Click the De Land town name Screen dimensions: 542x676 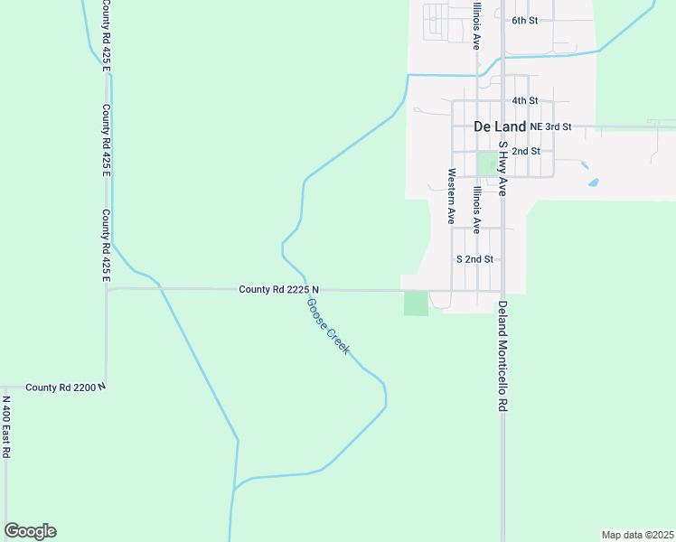(501, 126)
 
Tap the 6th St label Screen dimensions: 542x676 (525, 20)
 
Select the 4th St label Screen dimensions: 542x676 (525, 100)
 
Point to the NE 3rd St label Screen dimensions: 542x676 (551, 126)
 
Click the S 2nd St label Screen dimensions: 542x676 (475, 258)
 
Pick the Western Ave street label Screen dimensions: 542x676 (449, 196)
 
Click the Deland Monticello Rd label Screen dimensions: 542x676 (502, 357)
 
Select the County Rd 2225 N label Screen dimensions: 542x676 (279, 289)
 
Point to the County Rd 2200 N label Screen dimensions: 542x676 (66, 387)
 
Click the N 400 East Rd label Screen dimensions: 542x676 (5, 426)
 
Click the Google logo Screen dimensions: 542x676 (30, 531)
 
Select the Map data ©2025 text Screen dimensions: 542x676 (637, 535)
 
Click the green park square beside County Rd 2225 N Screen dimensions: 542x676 (416, 304)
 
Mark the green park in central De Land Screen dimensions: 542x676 (489, 164)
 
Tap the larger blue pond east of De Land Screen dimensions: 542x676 (593, 182)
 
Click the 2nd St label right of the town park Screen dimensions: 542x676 (526, 151)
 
